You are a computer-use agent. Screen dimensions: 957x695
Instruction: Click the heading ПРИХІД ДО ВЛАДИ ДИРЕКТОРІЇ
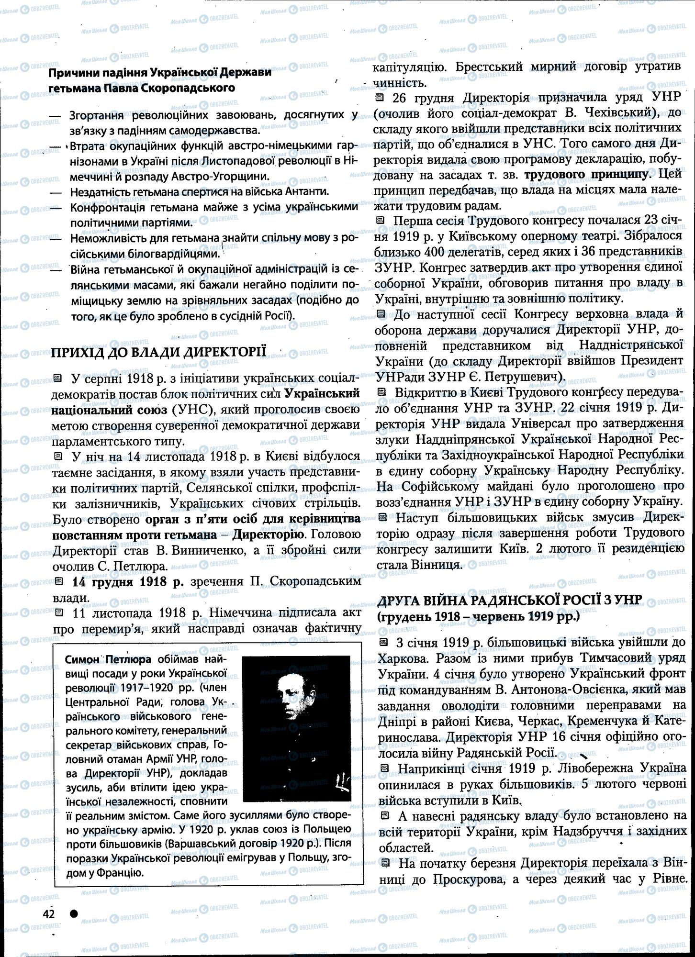(158, 352)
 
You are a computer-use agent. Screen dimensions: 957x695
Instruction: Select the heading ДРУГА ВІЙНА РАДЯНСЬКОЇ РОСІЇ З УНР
(510, 601)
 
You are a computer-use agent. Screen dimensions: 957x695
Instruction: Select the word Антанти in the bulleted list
(305, 192)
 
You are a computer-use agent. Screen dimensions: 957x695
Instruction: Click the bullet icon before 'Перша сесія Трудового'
(381, 221)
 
